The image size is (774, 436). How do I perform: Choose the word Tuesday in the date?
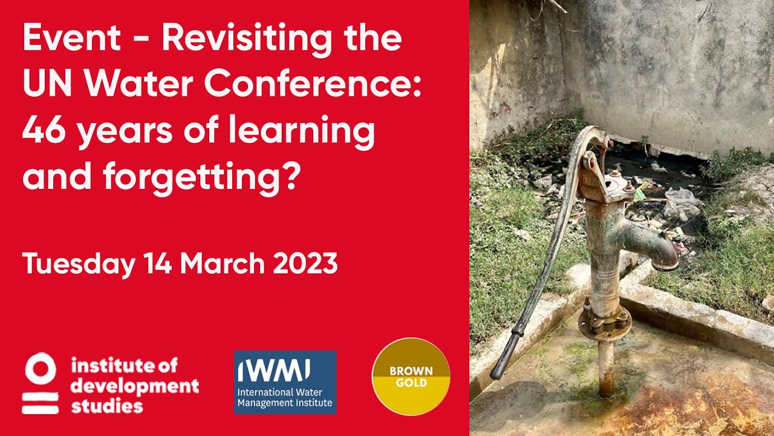[x=79, y=264]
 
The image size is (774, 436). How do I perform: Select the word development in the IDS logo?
[x=134, y=385]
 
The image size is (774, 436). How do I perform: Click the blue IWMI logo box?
[x=285, y=382]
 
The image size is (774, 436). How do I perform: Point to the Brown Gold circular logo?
[x=411, y=376]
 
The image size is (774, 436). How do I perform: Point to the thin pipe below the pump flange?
[x=605, y=369]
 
